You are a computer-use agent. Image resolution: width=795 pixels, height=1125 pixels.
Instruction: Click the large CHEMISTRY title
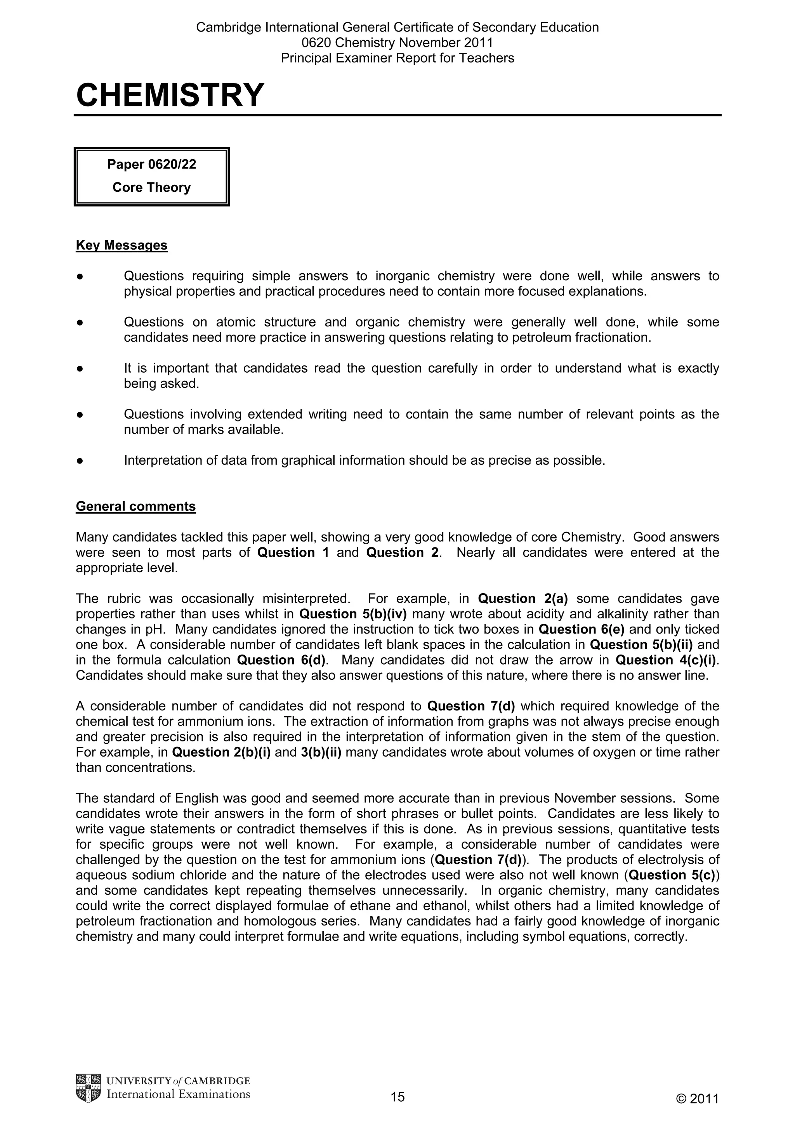[x=170, y=95]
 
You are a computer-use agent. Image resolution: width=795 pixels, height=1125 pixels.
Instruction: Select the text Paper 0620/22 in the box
[x=151, y=164]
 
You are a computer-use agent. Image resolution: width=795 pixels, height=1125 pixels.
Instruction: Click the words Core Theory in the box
[x=151, y=187]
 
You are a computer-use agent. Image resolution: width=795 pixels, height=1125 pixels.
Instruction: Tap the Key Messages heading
[x=122, y=245]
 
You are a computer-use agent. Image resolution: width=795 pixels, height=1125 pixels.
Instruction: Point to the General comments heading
[x=136, y=506]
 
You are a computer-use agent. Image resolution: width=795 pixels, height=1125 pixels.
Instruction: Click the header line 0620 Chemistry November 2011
[x=397, y=43]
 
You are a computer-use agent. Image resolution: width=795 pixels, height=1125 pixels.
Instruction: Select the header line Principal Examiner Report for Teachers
[x=397, y=58]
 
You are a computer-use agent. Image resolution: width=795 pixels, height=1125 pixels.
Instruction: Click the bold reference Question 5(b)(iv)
[x=353, y=614]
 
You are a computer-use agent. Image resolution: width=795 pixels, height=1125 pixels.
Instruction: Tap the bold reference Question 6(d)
[x=281, y=660]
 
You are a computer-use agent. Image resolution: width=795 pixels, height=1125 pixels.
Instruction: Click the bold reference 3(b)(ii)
[x=321, y=752]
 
